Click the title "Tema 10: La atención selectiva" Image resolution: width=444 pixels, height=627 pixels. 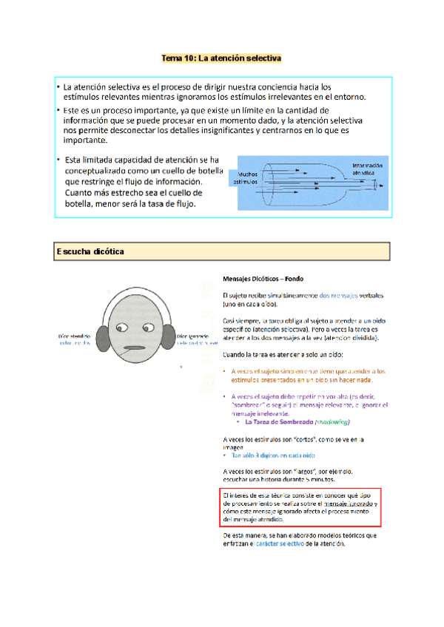pyautogui.click(x=222, y=57)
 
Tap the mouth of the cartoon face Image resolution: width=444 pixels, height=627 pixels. pyautogui.click(x=133, y=348)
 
